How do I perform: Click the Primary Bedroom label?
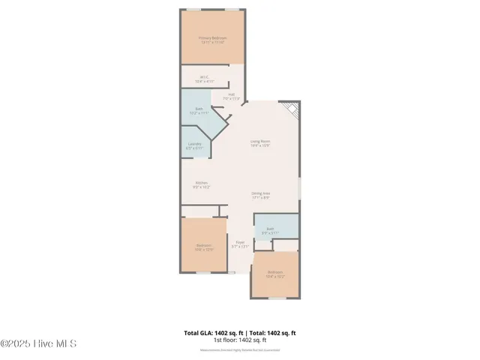(213, 37)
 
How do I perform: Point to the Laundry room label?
(194, 145)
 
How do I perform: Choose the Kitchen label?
(202, 183)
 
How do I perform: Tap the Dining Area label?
(260, 193)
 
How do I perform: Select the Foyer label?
(240, 242)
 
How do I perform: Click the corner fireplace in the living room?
(292, 110)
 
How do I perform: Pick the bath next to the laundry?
(199, 110)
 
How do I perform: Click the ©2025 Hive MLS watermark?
(38, 344)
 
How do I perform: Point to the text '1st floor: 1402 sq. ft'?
(240, 340)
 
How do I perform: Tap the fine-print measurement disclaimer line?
(240, 349)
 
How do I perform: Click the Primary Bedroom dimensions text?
(213, 42)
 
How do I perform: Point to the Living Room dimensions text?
(260, 145)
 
